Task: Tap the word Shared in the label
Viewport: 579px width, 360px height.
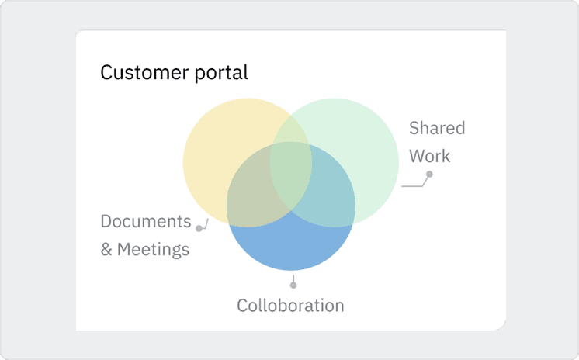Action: tap(437, 128)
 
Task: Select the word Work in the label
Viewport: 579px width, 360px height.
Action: tap(429, 156)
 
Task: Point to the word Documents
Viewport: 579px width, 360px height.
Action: tap(146, 221)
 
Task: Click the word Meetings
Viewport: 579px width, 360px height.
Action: tap(154, 250)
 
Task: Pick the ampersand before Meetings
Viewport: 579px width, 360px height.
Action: tap(106, 250)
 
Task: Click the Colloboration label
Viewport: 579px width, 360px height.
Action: tap(290, 305)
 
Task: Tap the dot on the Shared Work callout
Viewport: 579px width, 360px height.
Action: tap(429, 175)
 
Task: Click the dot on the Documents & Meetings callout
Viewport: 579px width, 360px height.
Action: tap(199, 228)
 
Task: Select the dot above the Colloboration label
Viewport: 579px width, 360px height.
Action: tap(293, 285)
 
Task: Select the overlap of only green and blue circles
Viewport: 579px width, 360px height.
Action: tap(330, 198)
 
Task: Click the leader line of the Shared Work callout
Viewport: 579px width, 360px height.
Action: tap(413, 186)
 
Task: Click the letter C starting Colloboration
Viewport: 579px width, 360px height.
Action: tap(242, 305)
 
